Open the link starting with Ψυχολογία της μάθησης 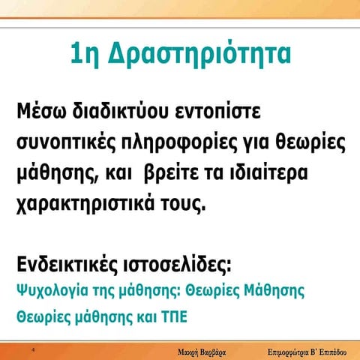pos(160,290)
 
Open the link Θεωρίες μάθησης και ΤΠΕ pos(102,316)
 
